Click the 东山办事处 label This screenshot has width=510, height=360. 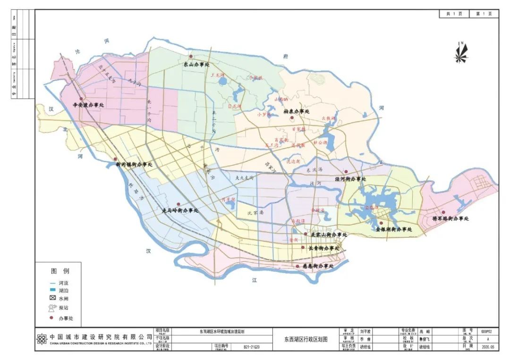[196, 65]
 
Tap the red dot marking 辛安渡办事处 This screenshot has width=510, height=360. [81, 99]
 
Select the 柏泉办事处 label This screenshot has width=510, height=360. [296, 112]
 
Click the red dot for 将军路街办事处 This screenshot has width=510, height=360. [443, 212]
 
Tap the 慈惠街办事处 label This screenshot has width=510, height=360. [318, 267]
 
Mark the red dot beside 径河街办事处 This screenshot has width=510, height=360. [346, 172]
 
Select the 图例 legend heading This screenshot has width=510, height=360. [59, 271]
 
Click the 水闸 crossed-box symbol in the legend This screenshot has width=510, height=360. [52, 299]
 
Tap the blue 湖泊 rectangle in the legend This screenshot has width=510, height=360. [52, 290]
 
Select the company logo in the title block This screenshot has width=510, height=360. [42, 339]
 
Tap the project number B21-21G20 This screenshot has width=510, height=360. [252, 346]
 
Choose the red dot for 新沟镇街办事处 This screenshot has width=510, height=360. [115, 159]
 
